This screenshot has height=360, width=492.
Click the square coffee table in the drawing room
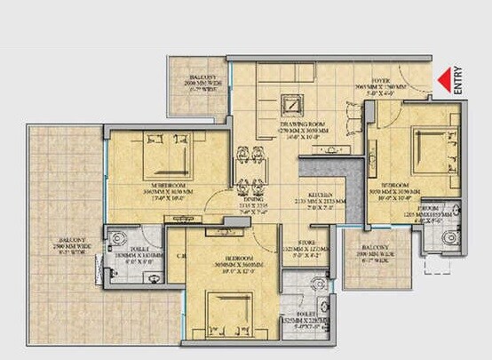tap(291, 105)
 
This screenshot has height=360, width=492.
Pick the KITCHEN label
tap(321, 195)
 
